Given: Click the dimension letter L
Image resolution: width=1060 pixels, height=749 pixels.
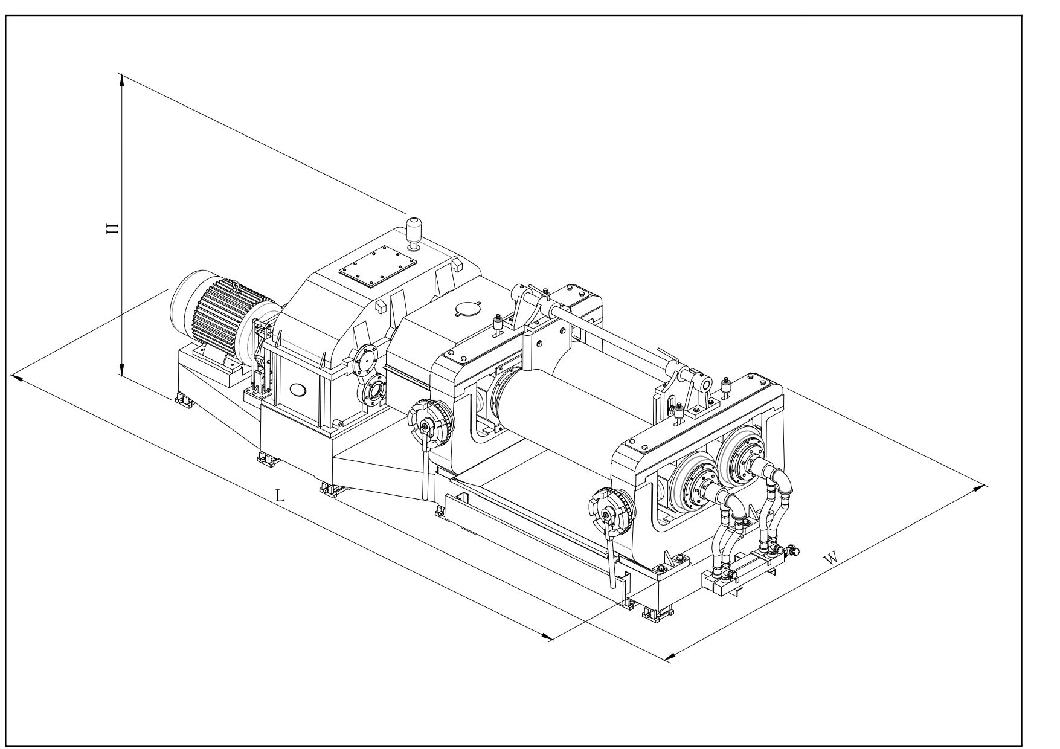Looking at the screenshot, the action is (x=280, y=496).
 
